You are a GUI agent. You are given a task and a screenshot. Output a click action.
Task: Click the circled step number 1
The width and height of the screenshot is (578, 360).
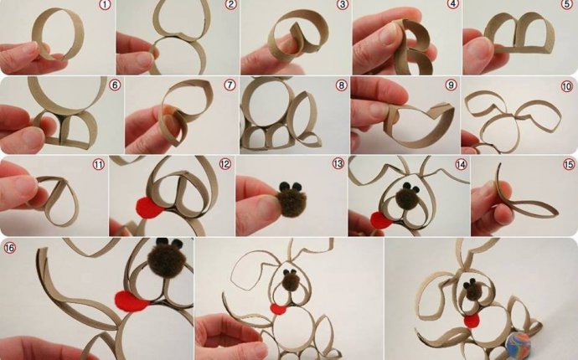[105, 6]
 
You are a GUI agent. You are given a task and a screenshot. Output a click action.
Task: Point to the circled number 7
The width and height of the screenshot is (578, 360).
[229, 85]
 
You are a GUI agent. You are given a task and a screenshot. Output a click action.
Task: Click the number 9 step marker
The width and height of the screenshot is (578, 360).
[451, 85]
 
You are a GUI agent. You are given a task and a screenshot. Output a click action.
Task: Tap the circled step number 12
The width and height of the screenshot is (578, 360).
[224, 164]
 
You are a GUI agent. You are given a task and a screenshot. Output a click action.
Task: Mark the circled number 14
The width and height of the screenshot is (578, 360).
[460, 165]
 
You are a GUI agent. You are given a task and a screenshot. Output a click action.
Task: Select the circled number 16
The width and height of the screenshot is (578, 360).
[10, 248]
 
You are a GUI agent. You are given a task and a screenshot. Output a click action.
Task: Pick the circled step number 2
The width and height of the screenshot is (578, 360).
[230, 6]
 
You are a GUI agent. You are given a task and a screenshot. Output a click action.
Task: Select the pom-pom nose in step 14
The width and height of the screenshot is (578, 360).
[408, 198]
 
